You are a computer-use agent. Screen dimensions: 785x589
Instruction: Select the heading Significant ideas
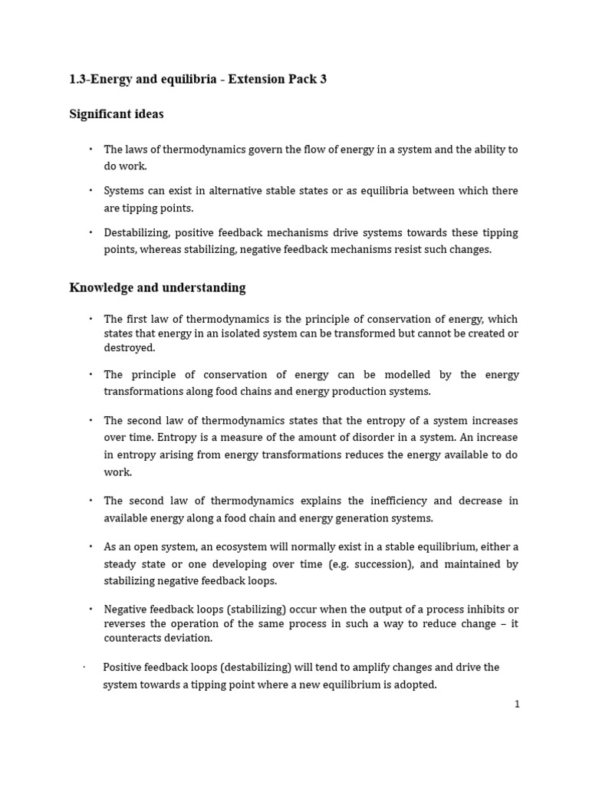click(x=117, y=114)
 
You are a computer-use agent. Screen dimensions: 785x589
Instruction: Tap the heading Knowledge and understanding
click(x=157, y=287)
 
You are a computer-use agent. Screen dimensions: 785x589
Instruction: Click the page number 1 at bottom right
click(x=517, y=705)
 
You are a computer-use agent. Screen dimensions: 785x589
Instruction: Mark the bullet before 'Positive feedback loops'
click(x=84, y=667)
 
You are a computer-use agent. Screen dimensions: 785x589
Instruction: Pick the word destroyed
click(x=129, y=347)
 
